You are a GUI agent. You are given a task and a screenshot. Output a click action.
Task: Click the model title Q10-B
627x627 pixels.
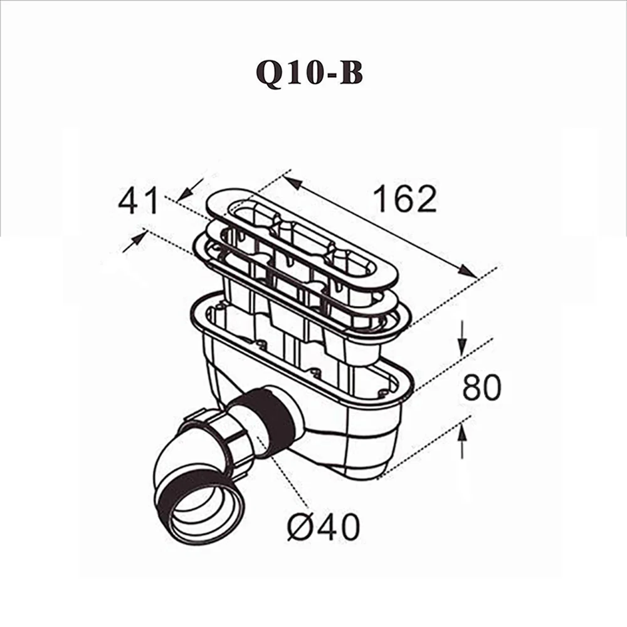(309, 74)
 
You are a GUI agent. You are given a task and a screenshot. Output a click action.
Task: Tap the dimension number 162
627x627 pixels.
(404, 199)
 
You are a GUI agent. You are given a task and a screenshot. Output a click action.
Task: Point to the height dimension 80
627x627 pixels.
(482, 388)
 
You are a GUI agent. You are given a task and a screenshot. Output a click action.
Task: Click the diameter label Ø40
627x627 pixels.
(324, 528)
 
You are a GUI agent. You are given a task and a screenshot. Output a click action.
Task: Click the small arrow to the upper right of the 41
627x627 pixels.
(192, 186)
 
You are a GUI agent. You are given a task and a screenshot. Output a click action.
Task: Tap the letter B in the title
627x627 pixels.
(352, 74)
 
